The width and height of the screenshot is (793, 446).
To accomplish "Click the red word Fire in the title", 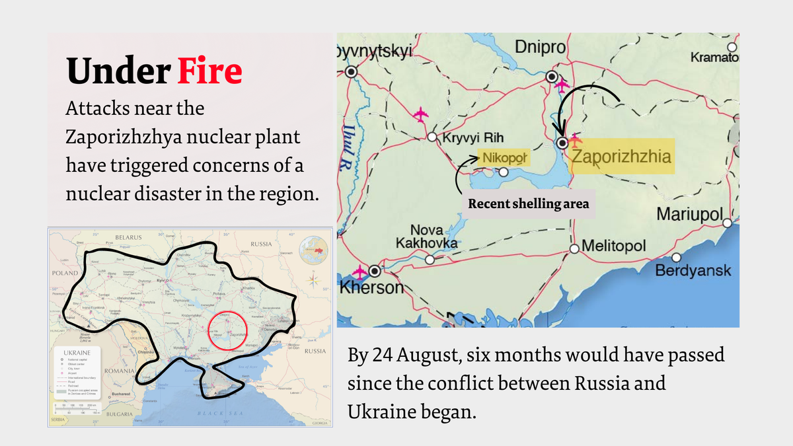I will pyautogui.click(x=209, y=71).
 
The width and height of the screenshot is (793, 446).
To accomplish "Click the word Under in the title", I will pyautogui.click(x=118, y=71).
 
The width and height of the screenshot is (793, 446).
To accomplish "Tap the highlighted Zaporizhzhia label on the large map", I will pyautogui.click(x=621, y=157).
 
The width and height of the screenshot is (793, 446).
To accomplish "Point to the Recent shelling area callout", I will pyautogui.click(x=528, y=204).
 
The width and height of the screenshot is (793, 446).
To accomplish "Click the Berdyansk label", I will pyautogui.click(x=693, y=271).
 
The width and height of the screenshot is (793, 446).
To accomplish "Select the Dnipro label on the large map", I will pyautogui.click(x=540, y=48).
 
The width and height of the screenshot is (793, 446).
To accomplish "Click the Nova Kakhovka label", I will pyautogui.click(x=426, y=237).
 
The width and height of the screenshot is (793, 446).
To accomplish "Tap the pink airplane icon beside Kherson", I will pyautogui.click(x=360, y=272).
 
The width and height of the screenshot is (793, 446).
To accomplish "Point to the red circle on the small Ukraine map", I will pyautogui.click(x=227, y=331).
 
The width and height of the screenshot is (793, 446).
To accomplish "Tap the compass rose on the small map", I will pyautogui.click(x=313, y=279).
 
